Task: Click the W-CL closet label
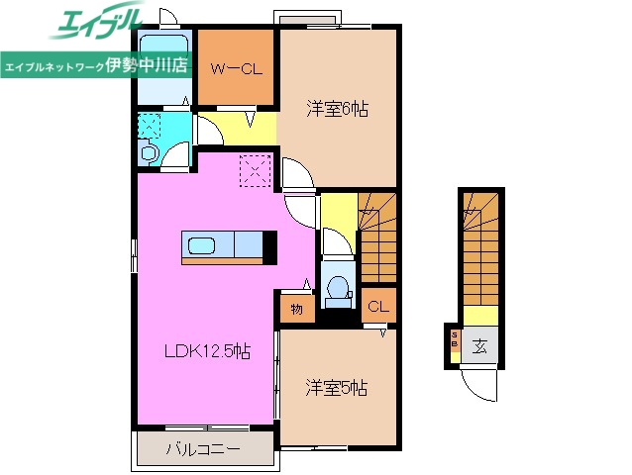point(236,68)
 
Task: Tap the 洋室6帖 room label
point(337,110)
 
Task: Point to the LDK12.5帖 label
point(205,350)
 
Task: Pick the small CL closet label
point(377,307)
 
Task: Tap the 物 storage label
point(297,310)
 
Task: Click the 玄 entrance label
point(478,346)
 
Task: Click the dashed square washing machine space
point(150,126)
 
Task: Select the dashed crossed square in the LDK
point(256,171)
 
